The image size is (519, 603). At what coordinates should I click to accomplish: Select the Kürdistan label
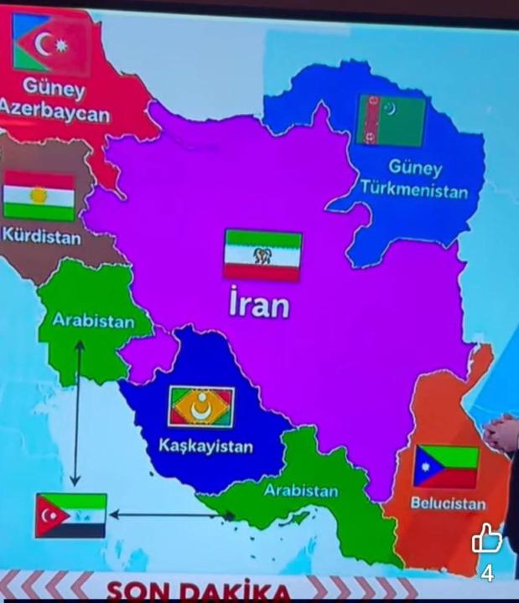point(42,237)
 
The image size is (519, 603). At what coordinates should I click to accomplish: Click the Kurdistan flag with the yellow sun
point(39,196)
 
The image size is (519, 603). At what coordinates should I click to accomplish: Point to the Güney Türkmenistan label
point(414,178)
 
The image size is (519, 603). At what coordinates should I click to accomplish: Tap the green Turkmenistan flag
point(391,120)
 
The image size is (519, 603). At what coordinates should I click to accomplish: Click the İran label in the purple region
point(260,304)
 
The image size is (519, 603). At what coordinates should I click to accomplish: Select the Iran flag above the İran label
point(262,255)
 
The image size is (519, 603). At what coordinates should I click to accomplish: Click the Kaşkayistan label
point(205,446)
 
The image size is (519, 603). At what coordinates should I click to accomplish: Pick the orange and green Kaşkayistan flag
point(201,407)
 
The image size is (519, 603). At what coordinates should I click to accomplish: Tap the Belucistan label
point(448,503)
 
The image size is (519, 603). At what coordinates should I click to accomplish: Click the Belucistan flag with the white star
point(445,466)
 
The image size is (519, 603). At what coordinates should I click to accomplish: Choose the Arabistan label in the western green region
point(93,320)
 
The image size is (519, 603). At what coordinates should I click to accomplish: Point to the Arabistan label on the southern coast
point(301,491)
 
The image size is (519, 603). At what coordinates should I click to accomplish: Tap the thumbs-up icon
point(486,539)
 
